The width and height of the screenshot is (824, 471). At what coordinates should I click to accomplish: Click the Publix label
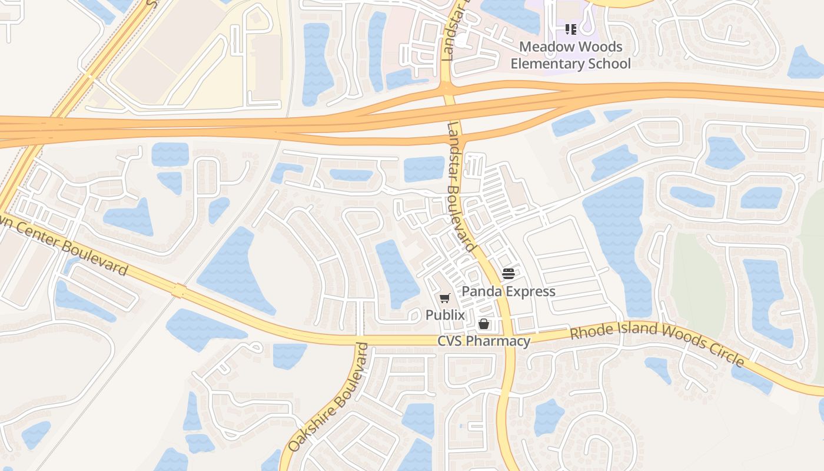[x=445, y=315]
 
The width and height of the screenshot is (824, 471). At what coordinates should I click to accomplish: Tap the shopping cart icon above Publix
[x=444, y=298]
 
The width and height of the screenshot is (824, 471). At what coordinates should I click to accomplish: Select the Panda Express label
[x=509, y=291]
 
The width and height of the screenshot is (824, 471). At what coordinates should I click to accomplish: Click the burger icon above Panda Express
[x=509, y=273]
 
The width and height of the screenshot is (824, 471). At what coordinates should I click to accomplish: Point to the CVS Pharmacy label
[x=484, y=341]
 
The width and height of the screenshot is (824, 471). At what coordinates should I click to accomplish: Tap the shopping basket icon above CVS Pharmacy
[x=484, y=324]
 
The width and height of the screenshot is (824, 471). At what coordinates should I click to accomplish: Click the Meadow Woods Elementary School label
[x=570, y=55]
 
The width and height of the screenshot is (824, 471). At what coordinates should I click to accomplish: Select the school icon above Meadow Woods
[x=570, y=29]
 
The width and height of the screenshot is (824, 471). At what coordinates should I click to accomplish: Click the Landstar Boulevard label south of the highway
[x=460, y=187]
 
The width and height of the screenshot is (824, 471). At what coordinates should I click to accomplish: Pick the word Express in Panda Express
[x=531, y=291]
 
